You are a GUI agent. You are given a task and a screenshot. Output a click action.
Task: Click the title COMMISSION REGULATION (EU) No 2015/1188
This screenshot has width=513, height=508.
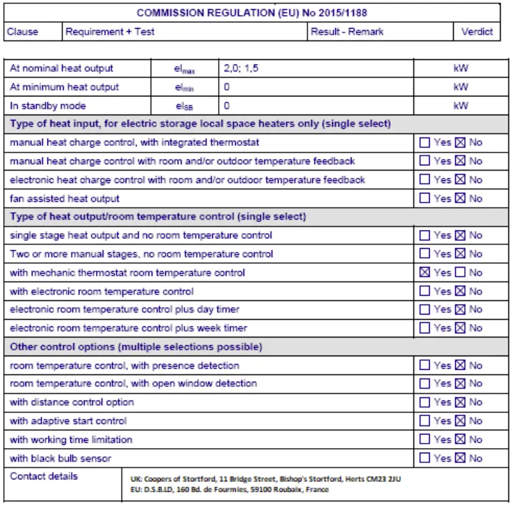point(253,12)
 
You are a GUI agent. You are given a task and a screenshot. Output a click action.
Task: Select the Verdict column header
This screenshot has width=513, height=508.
point(477,31)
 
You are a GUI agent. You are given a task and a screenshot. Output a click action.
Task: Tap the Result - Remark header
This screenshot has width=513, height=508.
point(347,31)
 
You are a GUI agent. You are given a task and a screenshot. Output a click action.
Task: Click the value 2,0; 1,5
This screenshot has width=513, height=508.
point(242,68)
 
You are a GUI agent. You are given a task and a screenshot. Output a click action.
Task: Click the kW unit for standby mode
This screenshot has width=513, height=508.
point(460,106)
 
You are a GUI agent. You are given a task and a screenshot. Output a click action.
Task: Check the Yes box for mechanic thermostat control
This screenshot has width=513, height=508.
point(425,273)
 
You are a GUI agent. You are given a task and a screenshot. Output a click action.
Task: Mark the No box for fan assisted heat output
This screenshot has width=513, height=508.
point(460,199)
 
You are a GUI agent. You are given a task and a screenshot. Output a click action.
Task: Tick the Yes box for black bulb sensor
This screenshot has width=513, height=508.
point(425,459)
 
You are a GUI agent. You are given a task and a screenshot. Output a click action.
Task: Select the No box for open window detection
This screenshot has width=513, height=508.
point(460,384)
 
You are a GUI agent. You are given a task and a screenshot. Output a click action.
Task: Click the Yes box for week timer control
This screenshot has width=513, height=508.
point(425,328)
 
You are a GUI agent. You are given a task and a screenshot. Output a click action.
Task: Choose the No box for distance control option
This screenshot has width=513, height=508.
point(460,402)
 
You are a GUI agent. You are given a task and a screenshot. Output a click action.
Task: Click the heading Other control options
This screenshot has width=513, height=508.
point(136,346)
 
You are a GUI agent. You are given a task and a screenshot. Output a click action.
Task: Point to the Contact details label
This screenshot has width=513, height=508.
point(44,476)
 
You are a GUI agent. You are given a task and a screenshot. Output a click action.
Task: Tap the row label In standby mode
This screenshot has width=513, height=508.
point(48,106)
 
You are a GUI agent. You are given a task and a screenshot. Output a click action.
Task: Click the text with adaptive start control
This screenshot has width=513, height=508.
point(68,421)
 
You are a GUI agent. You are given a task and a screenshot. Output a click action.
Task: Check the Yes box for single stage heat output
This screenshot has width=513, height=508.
point(425,236)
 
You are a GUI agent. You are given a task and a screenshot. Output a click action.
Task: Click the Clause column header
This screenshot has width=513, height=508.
point(23,31)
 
